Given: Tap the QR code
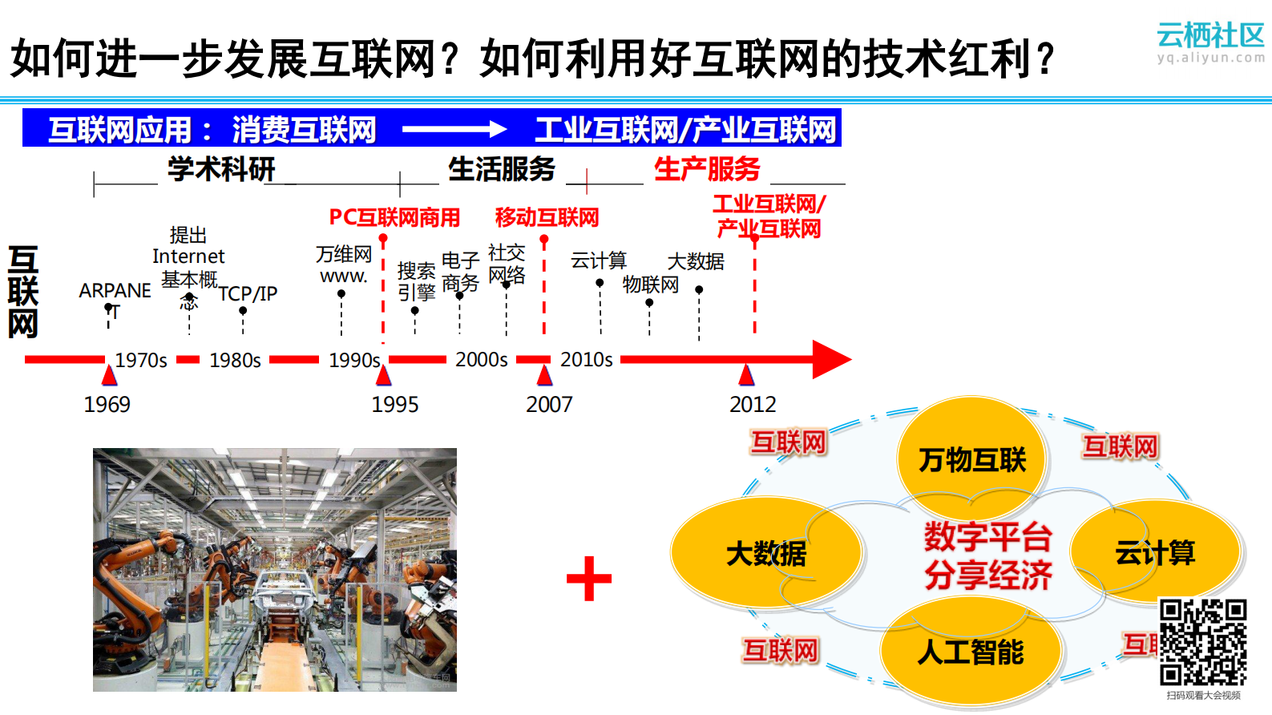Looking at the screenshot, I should (1202, 642).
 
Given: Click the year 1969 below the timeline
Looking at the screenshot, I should (107, 404).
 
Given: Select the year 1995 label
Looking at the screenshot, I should (395, 404).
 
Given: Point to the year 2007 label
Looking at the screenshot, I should (549, 404).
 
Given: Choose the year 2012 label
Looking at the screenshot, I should (753, 404).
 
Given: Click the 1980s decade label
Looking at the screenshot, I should (235, 361).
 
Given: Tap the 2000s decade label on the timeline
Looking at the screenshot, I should (481, 360).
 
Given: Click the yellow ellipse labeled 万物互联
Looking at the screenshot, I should (972, 459).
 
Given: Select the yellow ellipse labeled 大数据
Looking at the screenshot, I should (765, 553).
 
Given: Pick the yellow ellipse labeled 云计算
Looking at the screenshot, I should (1155, 552).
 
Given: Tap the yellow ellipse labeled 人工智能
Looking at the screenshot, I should (971, 652).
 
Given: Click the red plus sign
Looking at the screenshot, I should (589, 579).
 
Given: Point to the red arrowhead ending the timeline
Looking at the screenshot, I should (831, 360).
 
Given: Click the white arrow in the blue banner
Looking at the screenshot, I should (454, 129).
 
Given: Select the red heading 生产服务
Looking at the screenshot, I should (706, 169).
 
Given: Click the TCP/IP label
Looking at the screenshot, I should (248, 293).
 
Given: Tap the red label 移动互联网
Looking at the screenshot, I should (547, 217).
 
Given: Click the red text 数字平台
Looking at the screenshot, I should (987, 536).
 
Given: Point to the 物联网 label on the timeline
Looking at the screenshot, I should (650, 285).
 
